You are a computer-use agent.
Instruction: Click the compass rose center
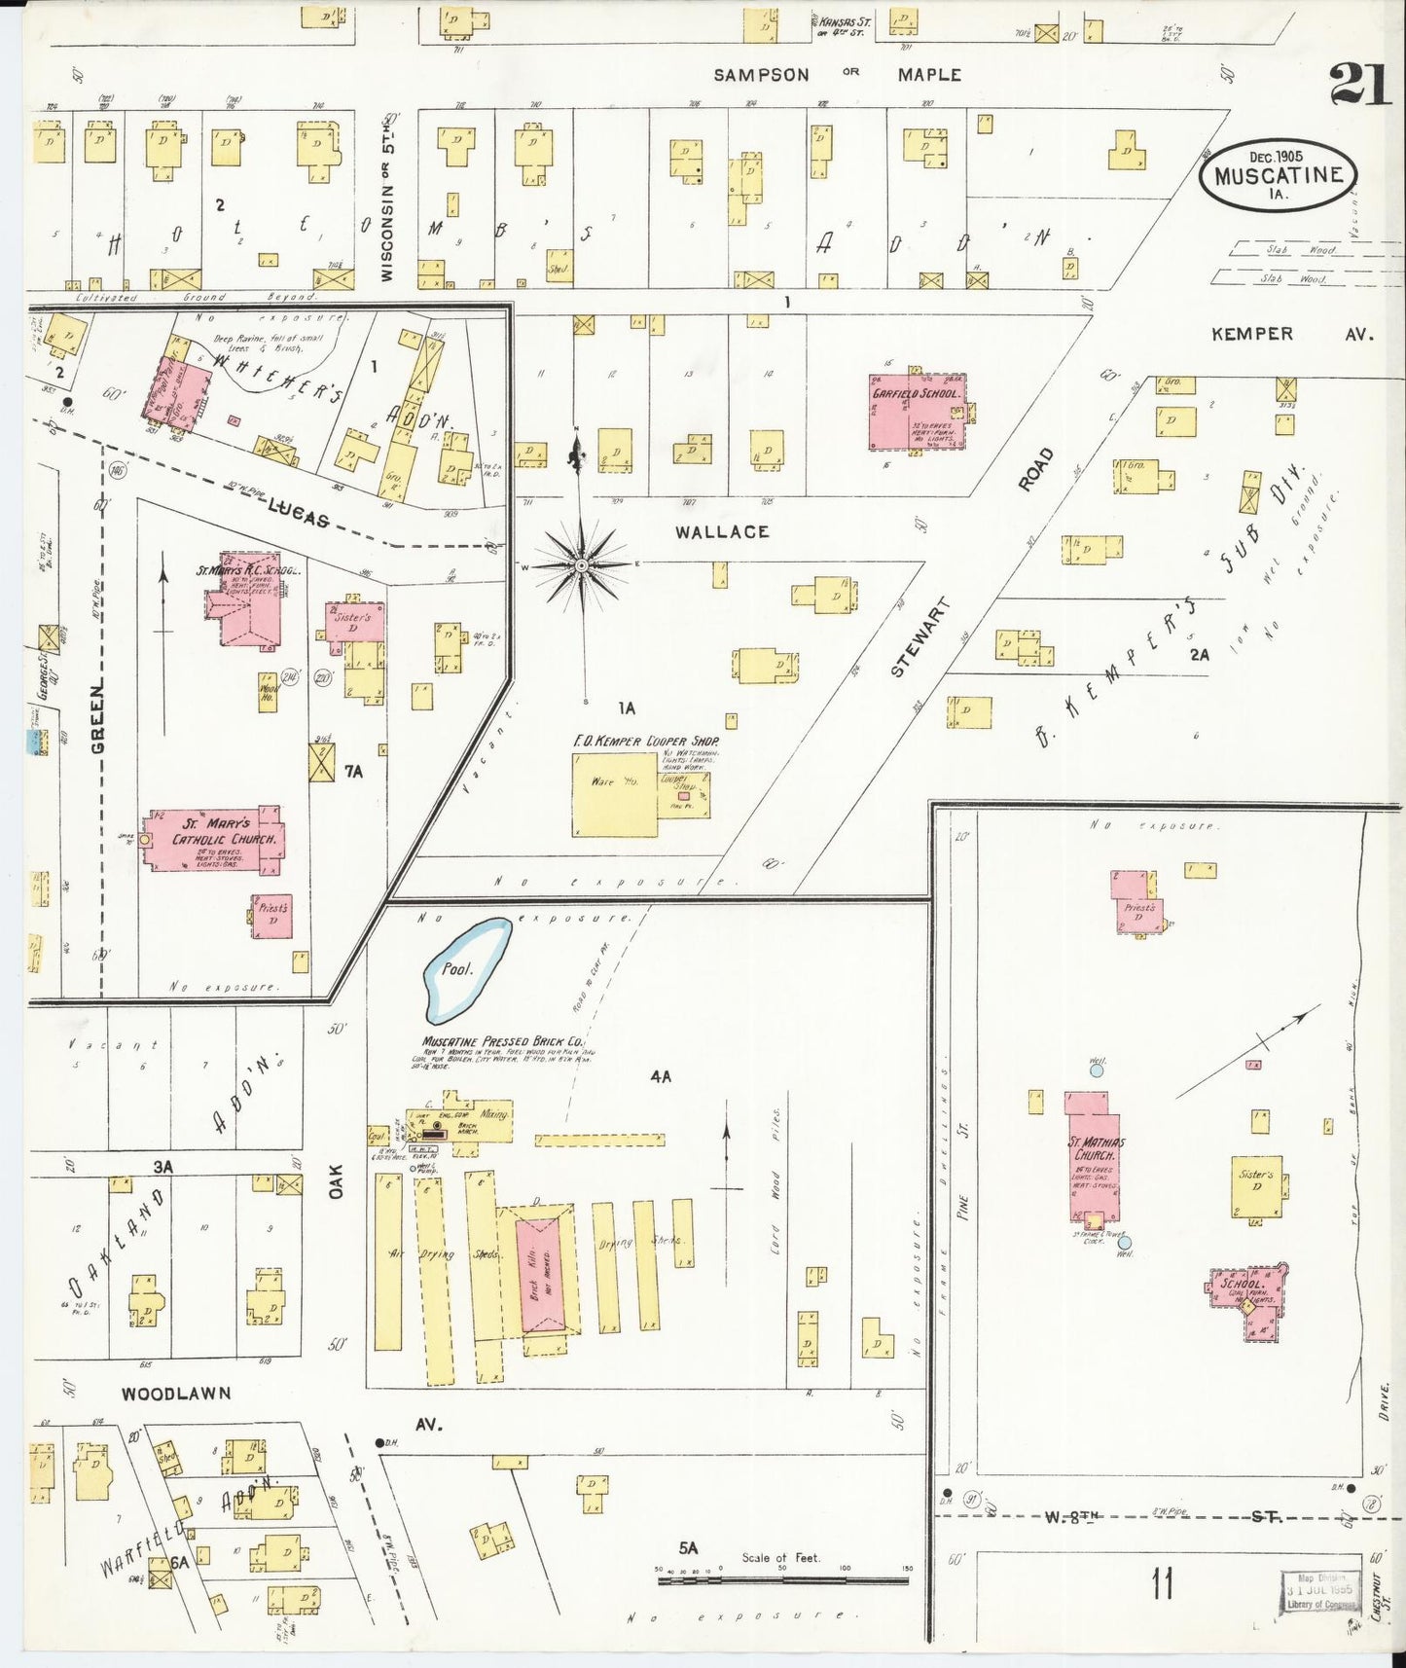(x=581, y=564)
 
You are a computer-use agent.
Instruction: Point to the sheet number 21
(x=1360, y=83)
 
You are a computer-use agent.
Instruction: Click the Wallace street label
(x=722, y=531)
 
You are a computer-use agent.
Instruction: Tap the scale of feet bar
(x=783, y=1580)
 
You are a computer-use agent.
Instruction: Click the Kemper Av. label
(x=1291, y=334)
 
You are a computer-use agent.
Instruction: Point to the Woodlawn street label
(x=176, y=1394)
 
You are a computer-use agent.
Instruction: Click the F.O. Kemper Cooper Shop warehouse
(x=615, y=794)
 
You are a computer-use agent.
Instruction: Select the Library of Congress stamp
(x=1319, y=1592)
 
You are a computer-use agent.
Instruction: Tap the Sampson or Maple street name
(x=837, y=75)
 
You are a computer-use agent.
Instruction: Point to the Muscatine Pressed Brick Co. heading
(x=503, y=1040)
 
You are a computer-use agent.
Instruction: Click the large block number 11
(x=1161, y=1583)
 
